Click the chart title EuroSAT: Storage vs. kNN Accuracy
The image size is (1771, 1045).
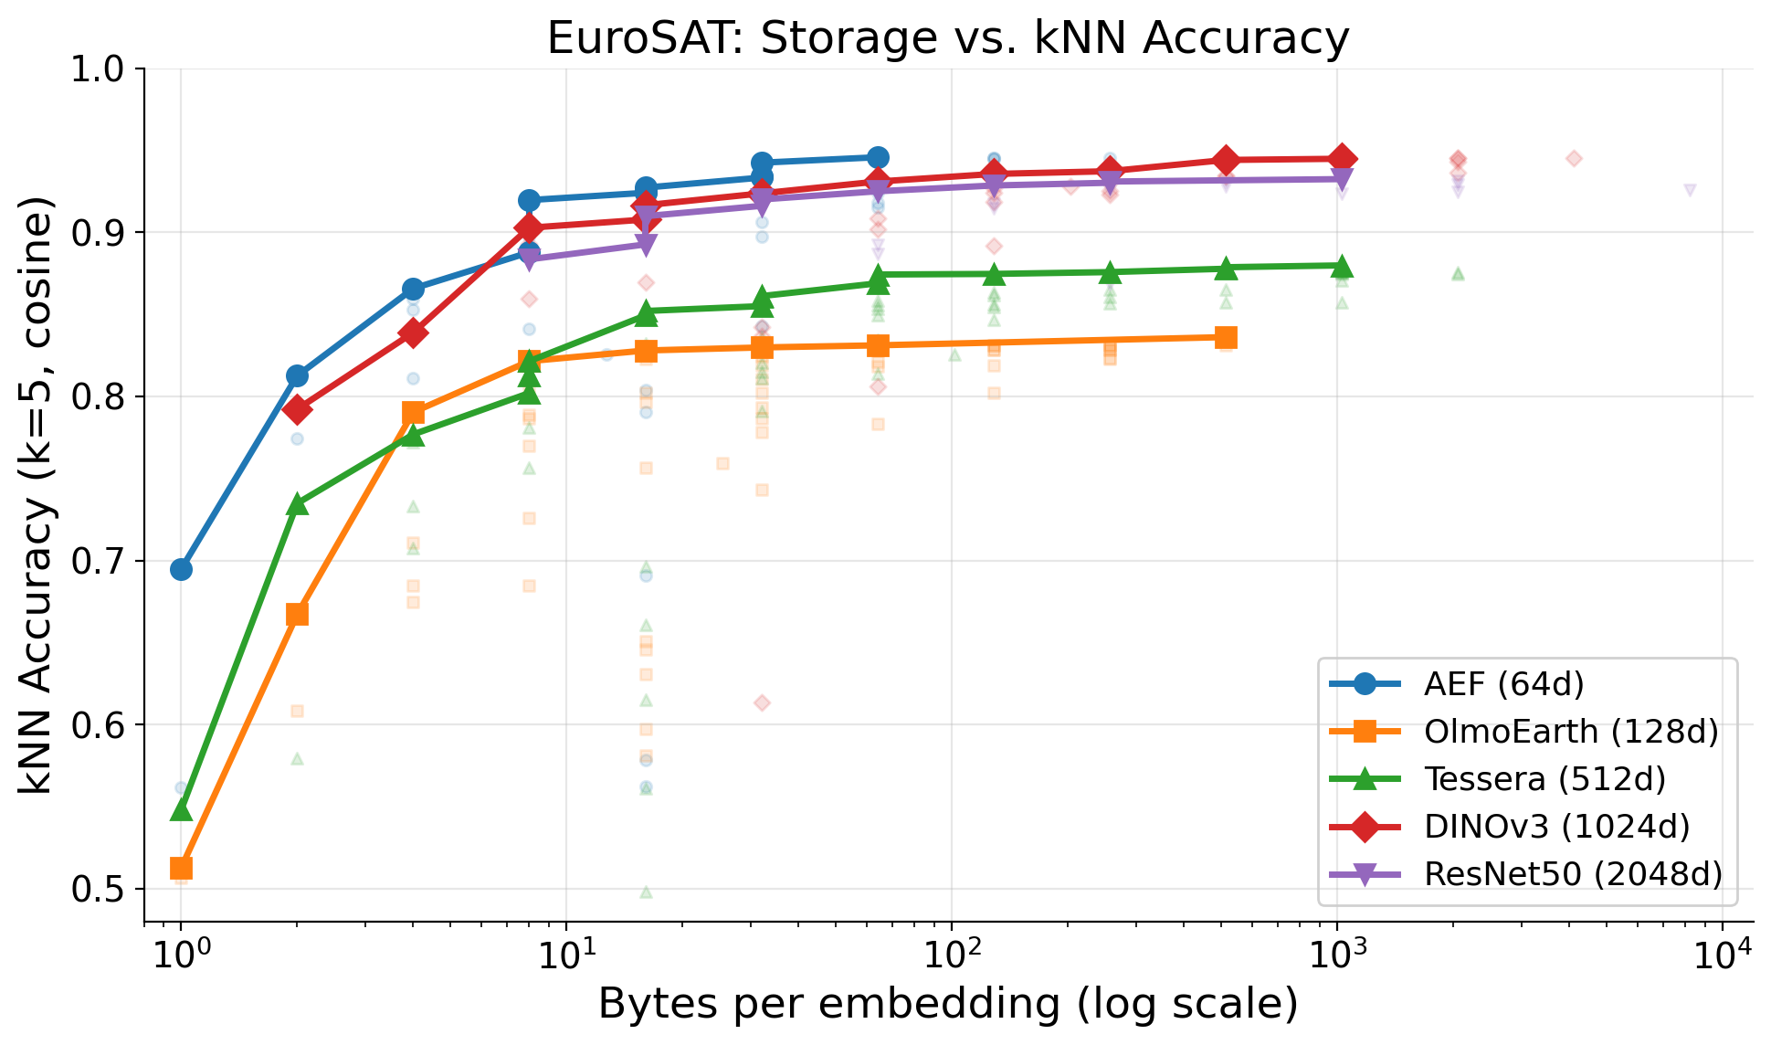pos(947,38)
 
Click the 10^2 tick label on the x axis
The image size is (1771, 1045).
pos(951,954)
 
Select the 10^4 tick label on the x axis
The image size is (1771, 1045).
pos(1723,954)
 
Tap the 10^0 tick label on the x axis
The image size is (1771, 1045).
pos(180,954)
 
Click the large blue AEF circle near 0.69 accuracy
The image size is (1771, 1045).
pos(181,570)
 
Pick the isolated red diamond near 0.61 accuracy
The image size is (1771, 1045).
pos(762,702)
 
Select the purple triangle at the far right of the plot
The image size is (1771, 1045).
pos(1690,190)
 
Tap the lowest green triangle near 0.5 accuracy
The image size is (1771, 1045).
pos(646,892)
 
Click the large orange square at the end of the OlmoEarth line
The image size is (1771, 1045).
pos(1226,338)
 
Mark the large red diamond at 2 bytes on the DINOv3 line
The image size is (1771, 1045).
pos(297,409)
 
